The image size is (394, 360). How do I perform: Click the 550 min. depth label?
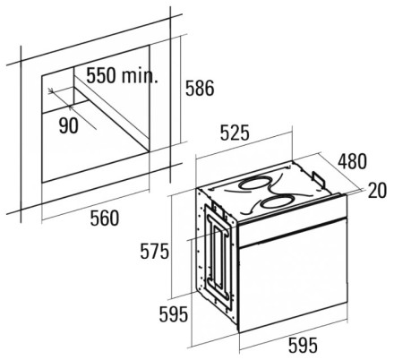[122, 75]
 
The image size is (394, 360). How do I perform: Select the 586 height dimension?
[200, 88]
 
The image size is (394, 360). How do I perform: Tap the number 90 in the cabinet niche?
[69, 125]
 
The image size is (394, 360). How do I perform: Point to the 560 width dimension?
[105, 218]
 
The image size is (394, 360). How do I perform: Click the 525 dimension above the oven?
[235, 133]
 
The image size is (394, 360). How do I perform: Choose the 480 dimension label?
[352, 161]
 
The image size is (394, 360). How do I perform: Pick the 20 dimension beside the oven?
[377, 191]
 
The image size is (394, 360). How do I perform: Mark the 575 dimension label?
[154, 252]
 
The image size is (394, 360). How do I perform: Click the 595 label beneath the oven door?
[303, 346]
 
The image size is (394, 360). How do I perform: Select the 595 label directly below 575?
[174, 314]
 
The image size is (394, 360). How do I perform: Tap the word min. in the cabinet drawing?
[140, 75]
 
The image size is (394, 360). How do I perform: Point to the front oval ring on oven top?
[275, 202]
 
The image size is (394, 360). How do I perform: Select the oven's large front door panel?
[293, 276]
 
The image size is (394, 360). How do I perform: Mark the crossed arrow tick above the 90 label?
[51, 90]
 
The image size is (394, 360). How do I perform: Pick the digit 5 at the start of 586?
[190, 88]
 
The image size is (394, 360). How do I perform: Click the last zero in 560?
[115, 218]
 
